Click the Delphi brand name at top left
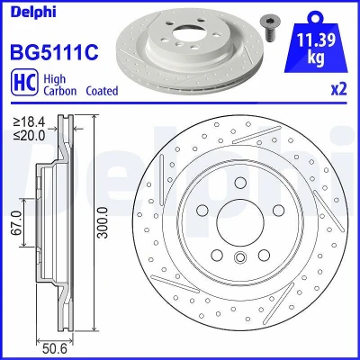[33, 13]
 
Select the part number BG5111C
[54, 51]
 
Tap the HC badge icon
[24, 82]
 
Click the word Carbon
[60, 91]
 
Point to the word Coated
[102, 91]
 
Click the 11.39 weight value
[316, 40]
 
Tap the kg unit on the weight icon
[316, 57]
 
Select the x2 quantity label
[338, 89]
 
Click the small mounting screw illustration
[268, 27]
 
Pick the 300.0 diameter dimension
[103, 222]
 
